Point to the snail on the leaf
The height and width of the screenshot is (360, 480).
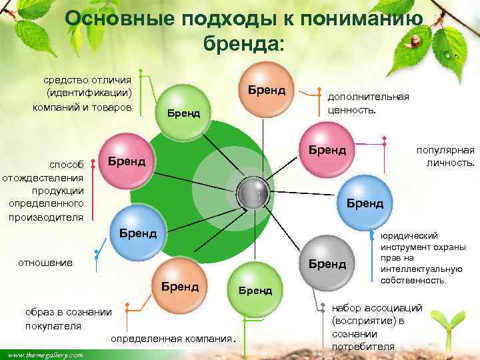point(417,41)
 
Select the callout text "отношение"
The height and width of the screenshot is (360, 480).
point(49,262)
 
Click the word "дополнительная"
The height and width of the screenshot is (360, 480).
point(367,97)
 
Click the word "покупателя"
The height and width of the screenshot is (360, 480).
point(53,326)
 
